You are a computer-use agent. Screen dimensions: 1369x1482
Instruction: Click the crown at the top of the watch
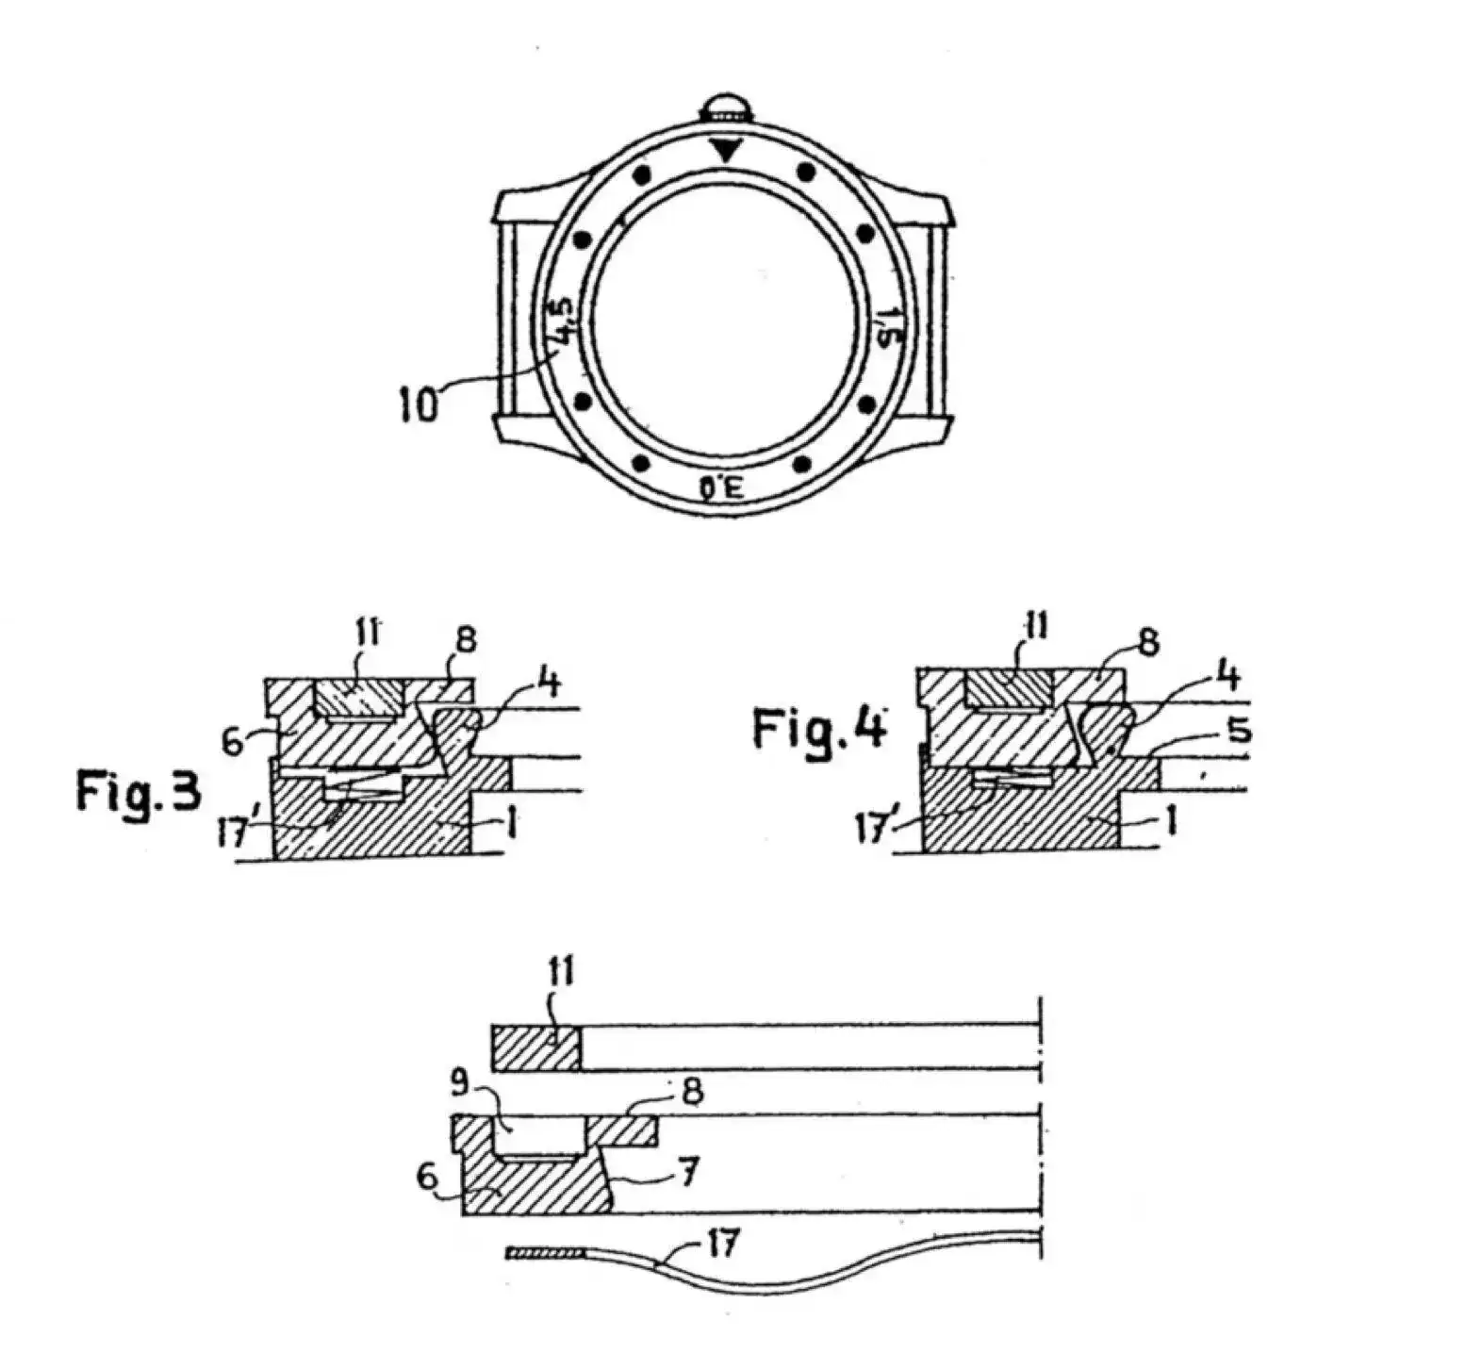coord(722,105)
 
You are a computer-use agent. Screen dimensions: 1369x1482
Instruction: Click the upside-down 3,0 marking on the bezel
coord(721,487)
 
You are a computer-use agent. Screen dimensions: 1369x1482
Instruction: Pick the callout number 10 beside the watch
coord(418,405)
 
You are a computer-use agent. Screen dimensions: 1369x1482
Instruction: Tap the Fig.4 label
coord(818,730)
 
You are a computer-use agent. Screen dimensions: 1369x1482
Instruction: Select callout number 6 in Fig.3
coord(233,741)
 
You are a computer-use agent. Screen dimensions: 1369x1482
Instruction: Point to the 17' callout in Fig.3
coord(232,833)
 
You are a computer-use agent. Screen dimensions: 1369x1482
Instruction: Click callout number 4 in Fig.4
coord(1227,677)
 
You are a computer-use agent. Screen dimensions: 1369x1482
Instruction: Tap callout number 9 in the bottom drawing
coord(459,1084)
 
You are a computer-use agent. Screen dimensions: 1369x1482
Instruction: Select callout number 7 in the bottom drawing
coord(689,1174)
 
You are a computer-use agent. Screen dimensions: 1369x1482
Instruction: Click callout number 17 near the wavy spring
coord(723,1245)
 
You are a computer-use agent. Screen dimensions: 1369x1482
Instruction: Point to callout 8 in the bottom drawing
coord(693,1092)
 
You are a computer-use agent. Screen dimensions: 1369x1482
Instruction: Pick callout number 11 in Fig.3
coord(367,634)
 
